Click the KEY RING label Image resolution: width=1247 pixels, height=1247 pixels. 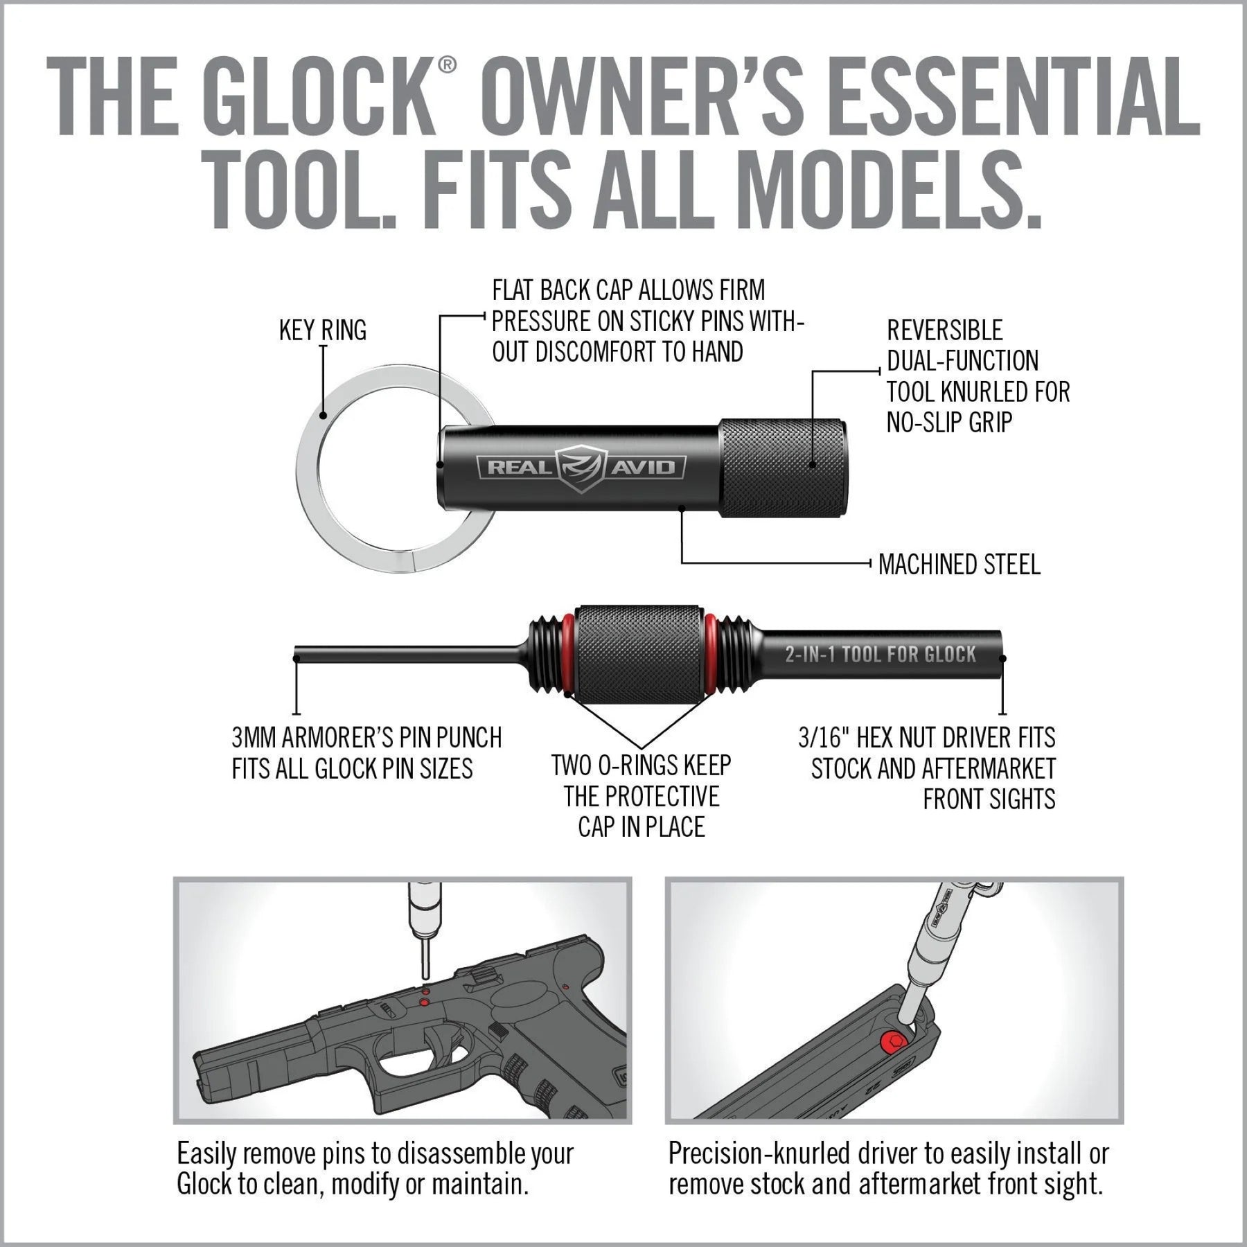(322, 330)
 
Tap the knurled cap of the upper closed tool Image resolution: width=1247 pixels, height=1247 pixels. (783, 467)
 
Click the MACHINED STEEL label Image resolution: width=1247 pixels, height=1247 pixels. (959, 565)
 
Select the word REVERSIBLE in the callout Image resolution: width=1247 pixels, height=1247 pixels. (944, 330)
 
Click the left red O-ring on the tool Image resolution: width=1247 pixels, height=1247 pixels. (567, 655)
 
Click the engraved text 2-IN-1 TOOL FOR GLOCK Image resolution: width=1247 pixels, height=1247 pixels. (880, 655)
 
